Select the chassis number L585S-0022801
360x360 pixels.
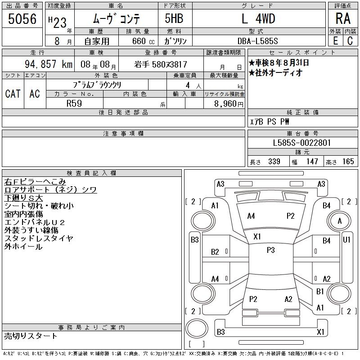(x=302, y=143)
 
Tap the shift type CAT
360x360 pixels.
(x=13, y=94)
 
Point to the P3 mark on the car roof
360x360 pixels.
(x=270, y=250)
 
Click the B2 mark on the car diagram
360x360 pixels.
(x=215, y=252)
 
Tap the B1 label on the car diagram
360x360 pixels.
(x=320, y=292)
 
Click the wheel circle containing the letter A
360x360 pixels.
(x=339, y=221)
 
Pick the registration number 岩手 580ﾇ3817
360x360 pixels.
(x=161, y=64)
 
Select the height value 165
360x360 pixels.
(x=348, y=162)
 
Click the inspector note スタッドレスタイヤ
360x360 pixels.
(x=39, y=238)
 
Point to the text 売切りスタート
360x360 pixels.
(x=31, y=336)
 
